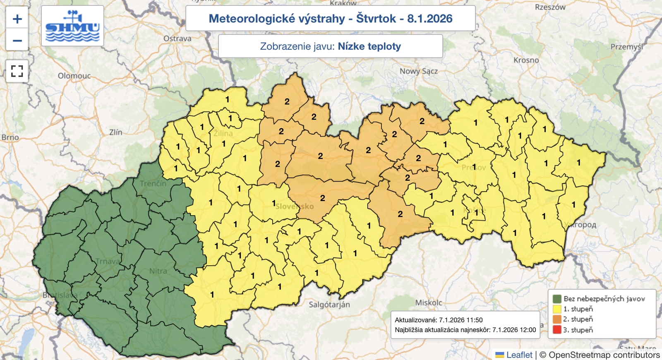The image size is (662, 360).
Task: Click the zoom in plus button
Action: point(17,19)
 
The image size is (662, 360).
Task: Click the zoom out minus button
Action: point(17,41)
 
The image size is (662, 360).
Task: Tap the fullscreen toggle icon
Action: point(17,71)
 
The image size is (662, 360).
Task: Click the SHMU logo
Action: point(72,26)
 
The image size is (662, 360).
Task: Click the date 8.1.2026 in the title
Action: point(429,19)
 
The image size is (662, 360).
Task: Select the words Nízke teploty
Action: point(369,46)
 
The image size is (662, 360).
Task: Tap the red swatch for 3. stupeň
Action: point(557,330)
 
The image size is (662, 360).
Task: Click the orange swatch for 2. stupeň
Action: point(557,319)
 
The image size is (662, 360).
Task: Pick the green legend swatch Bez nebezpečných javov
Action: point(557,299)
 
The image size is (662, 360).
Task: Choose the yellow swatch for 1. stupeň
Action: point(557,309)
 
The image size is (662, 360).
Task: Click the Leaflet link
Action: point(519,355)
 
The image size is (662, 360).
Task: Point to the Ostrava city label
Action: point(177,38)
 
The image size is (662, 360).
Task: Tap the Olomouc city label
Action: point(74,76)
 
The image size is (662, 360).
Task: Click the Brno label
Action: point(10,137)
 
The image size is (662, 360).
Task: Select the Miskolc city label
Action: point(429,303)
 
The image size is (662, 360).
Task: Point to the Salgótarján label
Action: point(329,305)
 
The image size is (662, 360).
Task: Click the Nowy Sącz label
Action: point(418,71)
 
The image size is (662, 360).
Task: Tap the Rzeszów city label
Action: point(550,7)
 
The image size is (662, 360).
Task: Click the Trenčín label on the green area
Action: point(153,184)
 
